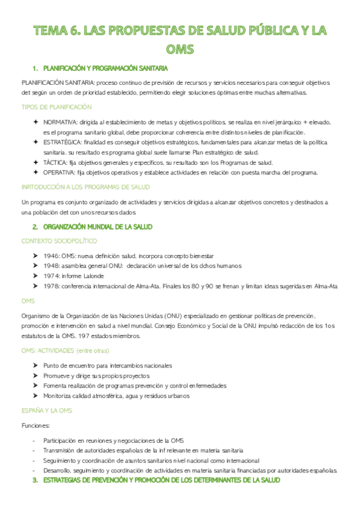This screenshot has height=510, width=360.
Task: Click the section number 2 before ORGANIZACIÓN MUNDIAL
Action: pyautogui.click(x=35, y=227)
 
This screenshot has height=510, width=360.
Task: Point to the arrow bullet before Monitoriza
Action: pyautogui.click(x=37, y=396)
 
